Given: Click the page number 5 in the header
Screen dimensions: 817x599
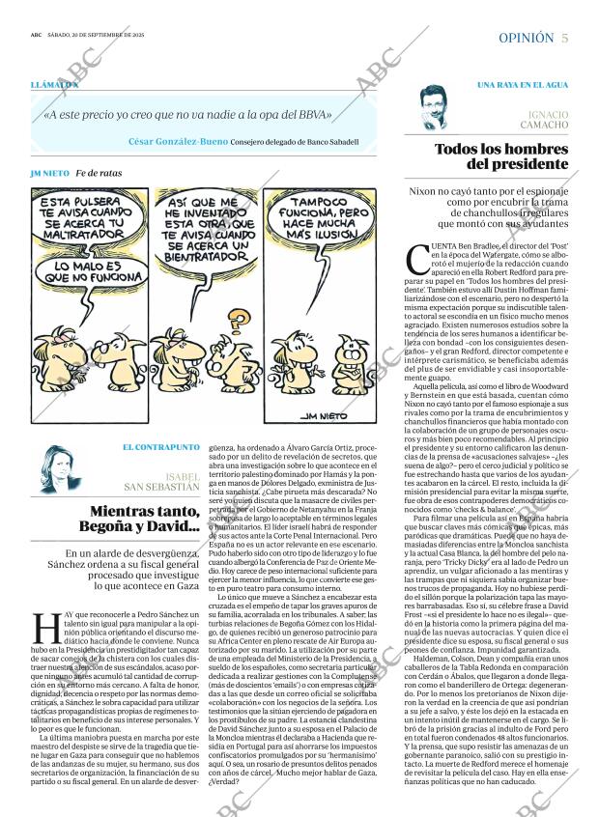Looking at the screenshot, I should tap(564, 38).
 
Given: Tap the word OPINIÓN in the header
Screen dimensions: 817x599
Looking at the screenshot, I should tap(527, 38).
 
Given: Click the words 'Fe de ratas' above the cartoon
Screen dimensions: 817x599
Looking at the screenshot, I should tap(99, 173).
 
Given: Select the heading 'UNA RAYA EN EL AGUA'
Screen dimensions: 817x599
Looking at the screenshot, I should tap(522, 85).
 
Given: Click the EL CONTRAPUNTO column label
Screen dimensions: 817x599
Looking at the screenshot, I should tap(161, 447).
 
